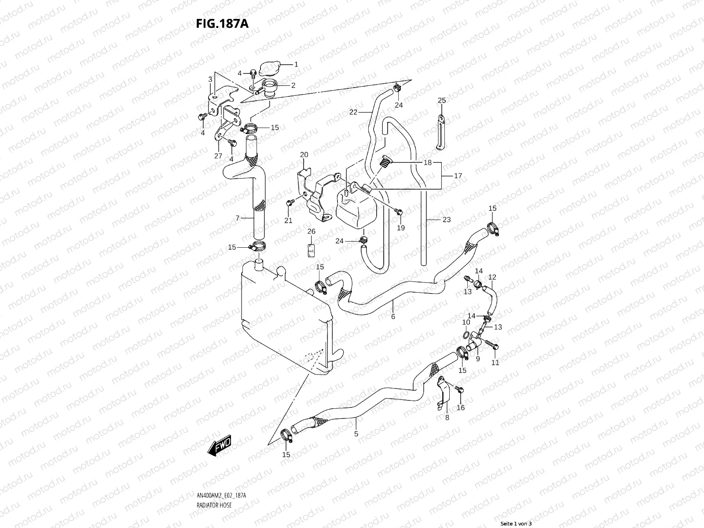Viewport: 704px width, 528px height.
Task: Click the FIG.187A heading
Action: click(x=222, y=23)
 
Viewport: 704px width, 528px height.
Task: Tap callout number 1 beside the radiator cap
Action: click(x=296, y=64)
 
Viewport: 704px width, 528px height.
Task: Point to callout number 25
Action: click(x=442, y=100)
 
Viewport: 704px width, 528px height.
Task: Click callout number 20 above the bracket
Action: click(x=304, y=154)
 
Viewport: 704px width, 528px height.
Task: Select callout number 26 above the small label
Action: click(x=311, y=231)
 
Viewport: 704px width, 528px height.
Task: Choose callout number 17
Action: click(x=458, y=176)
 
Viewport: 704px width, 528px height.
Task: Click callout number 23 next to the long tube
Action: click(x=447, y=220)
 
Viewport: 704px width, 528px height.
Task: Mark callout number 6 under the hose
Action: click(x=393, y=316)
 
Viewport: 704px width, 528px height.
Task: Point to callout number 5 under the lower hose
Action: click(x=356, y=434)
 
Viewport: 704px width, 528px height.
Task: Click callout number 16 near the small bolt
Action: click(x=461, y=407)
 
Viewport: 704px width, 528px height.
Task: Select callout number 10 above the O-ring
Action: click(x=466, y=323)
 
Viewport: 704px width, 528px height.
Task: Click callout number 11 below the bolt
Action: click(x=495, y=363)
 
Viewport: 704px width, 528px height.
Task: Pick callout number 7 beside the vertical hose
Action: click(x=237, y=218)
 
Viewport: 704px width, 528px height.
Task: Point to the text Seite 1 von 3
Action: click(x=516, y=523)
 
